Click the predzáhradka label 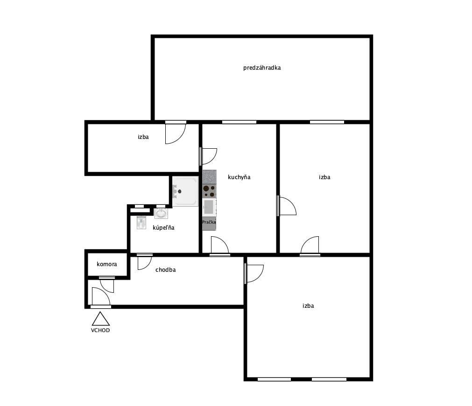coord(262,68)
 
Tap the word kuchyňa coord(239,177)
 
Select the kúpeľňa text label coord(163,227)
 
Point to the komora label coord(107,264)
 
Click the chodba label coord(166,270)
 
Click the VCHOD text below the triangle coord(100,330)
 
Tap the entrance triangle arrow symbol coord(100,319)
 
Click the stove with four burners coord(209,191)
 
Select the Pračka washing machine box coord(209,224)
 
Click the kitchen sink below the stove coord(209,207)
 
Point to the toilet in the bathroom coord(141,222)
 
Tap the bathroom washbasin coord(162,213)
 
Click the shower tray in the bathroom coord(185,191)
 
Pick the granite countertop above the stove coord(209,177)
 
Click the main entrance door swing coord(101,297)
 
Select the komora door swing coord(107,285)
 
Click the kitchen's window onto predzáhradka coord(240,122)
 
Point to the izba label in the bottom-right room coord(308,306)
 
